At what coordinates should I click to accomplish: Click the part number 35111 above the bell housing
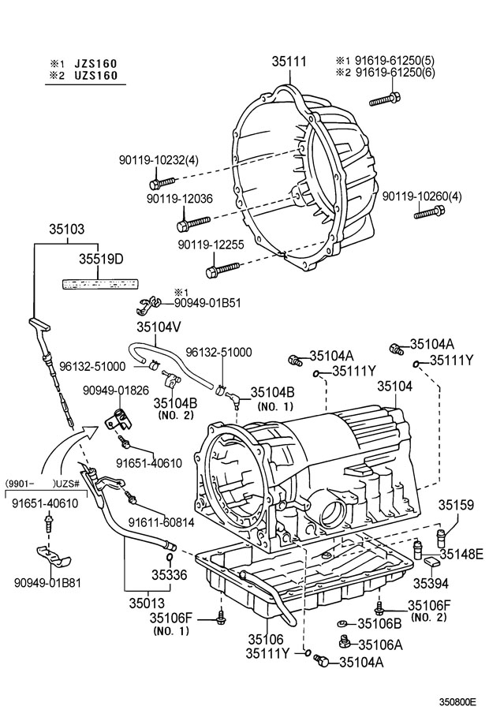(x=289, y=62)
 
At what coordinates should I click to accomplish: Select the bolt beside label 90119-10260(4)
(x=429, y=211)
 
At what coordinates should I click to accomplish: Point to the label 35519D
(x=102, y=259)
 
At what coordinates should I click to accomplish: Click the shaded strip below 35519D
(x=99, y=284)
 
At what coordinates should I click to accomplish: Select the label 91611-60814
(x=162, y=522)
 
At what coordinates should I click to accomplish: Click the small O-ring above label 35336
(x=170, y=556)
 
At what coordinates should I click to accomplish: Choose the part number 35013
(x=147, y=603)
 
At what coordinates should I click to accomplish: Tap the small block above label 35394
(x=431, y=562)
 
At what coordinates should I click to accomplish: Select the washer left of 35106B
(x=343, y=624)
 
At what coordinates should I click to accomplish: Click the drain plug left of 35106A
(x=345, y=641)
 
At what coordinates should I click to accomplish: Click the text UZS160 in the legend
(x=95, y=75)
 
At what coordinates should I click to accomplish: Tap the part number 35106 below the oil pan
(x=265, y=639)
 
